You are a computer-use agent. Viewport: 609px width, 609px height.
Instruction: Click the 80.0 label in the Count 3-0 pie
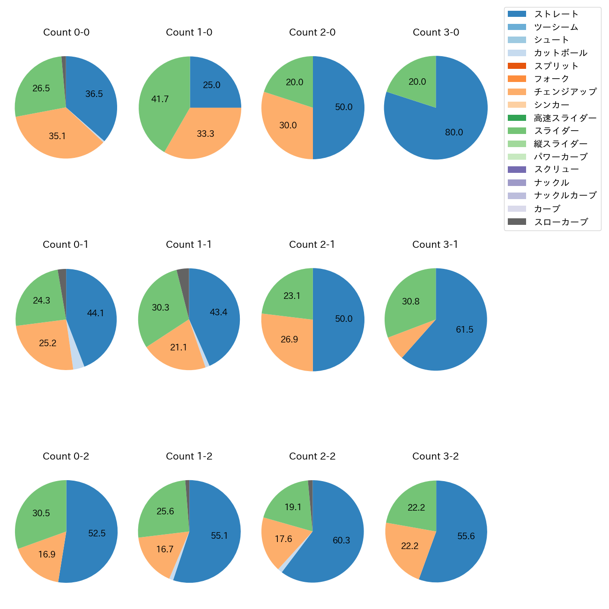pos(454,133)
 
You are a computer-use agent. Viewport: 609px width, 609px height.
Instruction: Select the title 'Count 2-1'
pos(312,245)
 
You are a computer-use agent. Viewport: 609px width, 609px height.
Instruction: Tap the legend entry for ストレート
pos(556,14)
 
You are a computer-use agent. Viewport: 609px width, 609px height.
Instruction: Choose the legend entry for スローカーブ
pos(561,222)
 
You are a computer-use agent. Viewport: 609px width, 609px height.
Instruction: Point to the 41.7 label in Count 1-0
pos(160,99)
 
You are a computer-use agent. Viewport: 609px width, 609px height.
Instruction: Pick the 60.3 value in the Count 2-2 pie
pos(342,541)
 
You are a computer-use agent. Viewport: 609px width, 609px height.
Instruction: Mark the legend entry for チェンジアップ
pos(565,92)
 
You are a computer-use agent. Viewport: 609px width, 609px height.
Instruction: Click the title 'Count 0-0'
pos(67,32)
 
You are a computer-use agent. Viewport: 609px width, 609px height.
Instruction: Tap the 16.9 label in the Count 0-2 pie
pos(47,555)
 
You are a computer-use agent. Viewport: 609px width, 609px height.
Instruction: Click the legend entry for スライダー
pos(556,131)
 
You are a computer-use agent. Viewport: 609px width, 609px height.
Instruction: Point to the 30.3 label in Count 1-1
pos(161,308)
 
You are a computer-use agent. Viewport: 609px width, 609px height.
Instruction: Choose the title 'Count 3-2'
pos(436,456)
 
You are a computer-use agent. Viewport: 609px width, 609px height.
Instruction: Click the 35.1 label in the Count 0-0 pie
pos(57,136)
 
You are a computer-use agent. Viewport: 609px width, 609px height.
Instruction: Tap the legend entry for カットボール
pos(560,53)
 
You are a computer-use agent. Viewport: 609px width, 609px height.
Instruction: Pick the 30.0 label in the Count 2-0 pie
pos(288,126)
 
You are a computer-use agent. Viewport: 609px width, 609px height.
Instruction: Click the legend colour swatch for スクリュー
pos(517,170)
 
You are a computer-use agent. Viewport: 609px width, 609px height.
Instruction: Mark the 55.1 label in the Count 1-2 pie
pos(219,536)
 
